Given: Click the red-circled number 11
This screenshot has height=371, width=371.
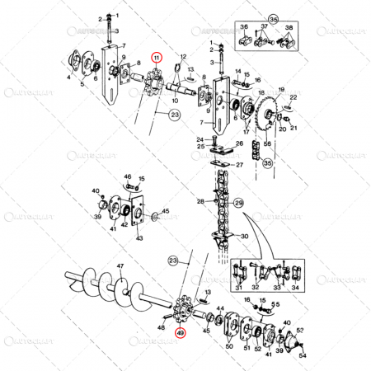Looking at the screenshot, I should click(156, 57).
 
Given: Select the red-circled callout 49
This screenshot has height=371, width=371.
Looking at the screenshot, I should click(181, 334).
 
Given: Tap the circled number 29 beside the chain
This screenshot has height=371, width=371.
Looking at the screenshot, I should click(239, 203).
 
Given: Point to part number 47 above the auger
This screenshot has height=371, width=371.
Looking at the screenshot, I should click(120, 266).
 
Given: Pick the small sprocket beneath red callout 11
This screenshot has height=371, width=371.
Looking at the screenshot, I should click(152, 86).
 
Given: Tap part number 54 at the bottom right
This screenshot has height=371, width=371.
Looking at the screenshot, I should click(303, 355).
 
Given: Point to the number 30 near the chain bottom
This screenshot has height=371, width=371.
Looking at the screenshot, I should click(245, 237).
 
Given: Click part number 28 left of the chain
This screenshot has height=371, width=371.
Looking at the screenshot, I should click(199, 202).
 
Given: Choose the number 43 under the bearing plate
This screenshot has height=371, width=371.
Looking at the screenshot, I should click(139, 238).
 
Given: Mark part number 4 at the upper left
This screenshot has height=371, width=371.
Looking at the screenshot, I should click(68, 79).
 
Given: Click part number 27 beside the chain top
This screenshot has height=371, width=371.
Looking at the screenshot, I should click(240, 164).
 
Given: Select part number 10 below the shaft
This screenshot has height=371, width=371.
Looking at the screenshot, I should click(174, 101).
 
